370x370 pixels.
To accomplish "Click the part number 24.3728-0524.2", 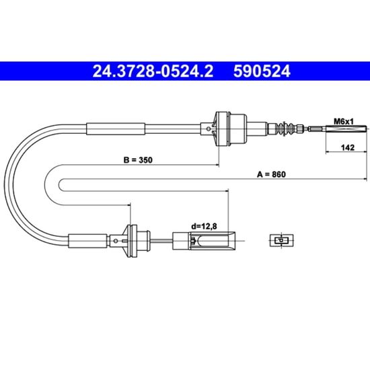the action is [x=153, y=71].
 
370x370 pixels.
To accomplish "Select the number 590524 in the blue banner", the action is [x=262, y=71].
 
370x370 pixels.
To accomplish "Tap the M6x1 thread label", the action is [x=344, y=122].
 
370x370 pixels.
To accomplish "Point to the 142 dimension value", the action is [x=348, y=148].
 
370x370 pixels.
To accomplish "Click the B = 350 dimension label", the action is [x=138, y=160].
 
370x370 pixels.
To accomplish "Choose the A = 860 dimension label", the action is [x=271, y=174].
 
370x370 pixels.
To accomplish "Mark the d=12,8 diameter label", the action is [x=204, y=226].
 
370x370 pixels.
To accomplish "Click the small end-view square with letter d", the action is [x=281, y=240].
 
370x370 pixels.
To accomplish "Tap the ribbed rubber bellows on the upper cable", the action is [x=284, y=129].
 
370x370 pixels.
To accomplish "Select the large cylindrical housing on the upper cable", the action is [x=231, y=129].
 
